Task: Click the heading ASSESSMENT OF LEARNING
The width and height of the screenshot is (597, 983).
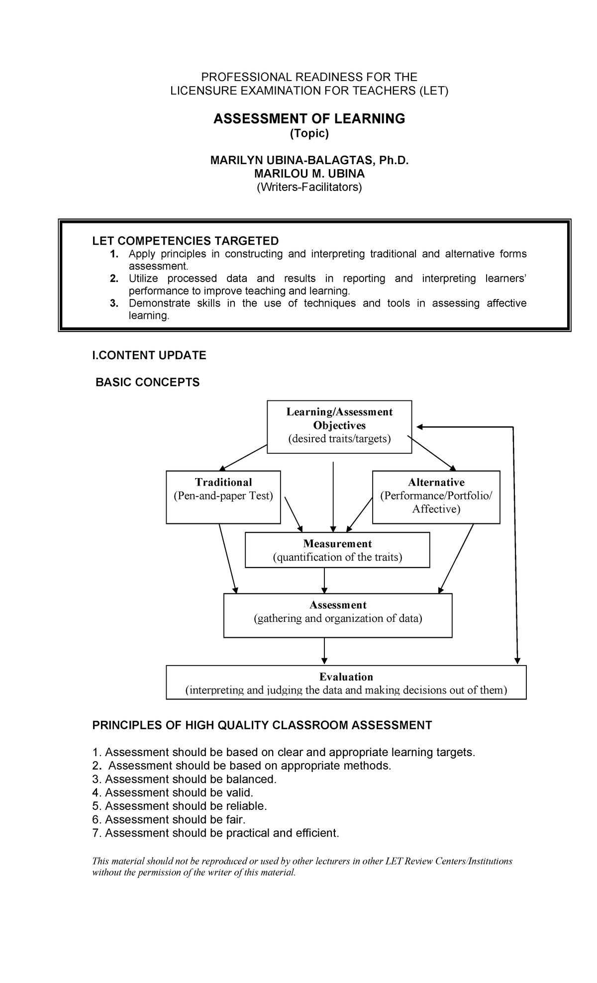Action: click(x=309, y=118)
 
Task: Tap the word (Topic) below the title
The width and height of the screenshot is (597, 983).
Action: click(x=309, y=133)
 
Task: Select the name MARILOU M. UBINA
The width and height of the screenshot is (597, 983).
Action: click(x=309, y=174)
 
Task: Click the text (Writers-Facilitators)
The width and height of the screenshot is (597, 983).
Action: click(x=309, y=187)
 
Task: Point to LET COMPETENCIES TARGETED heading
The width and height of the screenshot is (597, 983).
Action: click(x=185, y=241)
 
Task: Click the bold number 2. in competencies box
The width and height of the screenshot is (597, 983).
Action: click(x=114, y=279)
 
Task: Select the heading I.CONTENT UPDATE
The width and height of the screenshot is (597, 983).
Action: click(x=149, y=355)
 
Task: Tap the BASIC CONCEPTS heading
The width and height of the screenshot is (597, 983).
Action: click(x=147, y=382)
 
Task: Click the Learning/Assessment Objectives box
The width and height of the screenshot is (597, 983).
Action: click(x=339, y=426)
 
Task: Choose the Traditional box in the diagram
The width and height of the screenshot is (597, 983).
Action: click(x=223, y=496)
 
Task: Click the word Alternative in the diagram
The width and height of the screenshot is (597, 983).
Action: click(x=436, y=482)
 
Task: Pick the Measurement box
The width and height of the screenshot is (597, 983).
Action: click(x=337, y=550)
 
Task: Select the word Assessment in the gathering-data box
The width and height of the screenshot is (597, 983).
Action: click(x=338, y=605)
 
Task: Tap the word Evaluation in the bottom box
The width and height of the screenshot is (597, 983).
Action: click(x=346, y=677)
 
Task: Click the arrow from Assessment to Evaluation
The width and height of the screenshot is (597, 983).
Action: click(x=324, y=651)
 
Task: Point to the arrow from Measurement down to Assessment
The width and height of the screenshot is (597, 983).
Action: click(x=324, y=580)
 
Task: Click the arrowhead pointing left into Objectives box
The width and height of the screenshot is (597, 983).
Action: click(x=419, y=427)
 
